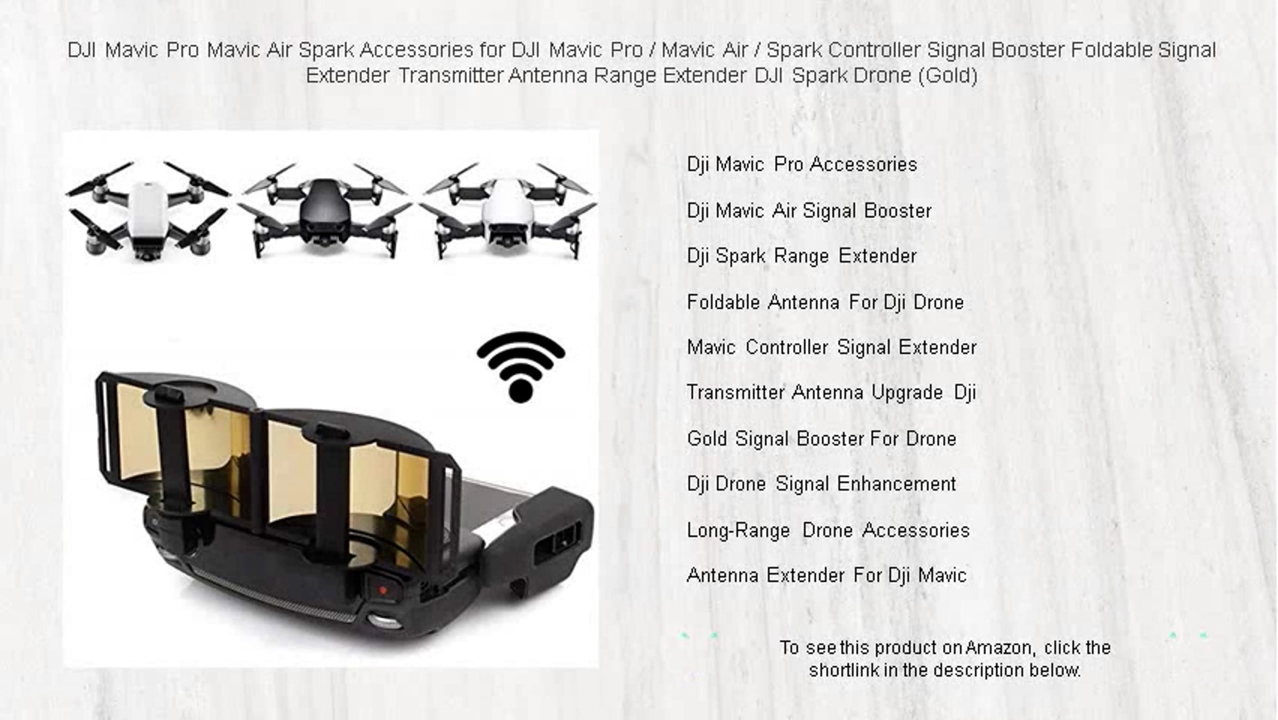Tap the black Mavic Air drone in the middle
[324, 211]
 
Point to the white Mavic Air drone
[509, 211]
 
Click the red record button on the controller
[382, 590]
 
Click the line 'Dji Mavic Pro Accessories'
[802, 165]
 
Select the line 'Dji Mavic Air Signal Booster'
[809, 211]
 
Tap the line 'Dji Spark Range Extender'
[801, 256]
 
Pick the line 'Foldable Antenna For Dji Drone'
[825, 302]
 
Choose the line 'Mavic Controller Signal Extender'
[832, 348]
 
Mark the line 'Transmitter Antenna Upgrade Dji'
[831, 393]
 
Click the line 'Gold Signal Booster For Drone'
[822, 439]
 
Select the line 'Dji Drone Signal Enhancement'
[822, 484]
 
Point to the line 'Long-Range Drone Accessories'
[828, 530]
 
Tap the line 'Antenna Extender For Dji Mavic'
[826, 576]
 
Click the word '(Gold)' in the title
[947, 76]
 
